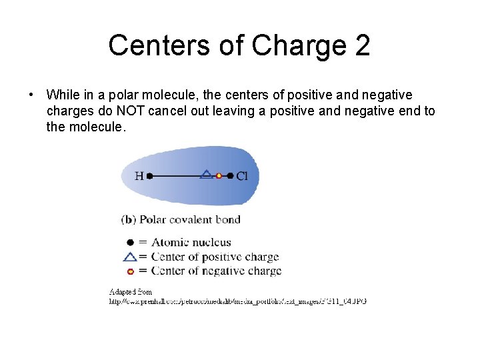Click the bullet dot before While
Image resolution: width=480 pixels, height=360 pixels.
coord(31,95)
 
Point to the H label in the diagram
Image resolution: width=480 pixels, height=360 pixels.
coord(139,176)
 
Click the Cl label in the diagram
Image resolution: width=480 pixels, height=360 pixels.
coord(242,176)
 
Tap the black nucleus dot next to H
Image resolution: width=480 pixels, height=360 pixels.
coord(149,176)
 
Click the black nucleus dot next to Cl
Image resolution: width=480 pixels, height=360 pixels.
coord(231,176)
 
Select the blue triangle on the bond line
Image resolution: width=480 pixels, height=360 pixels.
coord(207,175)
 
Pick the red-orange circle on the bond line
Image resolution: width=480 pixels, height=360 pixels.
coord(219,176)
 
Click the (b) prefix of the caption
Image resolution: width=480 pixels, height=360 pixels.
coord(129,219)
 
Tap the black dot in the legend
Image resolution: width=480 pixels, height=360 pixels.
coord(130,243)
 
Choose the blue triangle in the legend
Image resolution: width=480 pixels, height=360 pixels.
coord(130,257)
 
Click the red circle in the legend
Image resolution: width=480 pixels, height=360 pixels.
coord(130,271)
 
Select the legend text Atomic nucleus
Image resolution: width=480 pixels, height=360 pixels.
coord(191,243)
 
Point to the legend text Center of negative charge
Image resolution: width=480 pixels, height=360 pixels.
coord(216,271)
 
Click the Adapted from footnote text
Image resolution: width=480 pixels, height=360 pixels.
coord(131,291)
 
